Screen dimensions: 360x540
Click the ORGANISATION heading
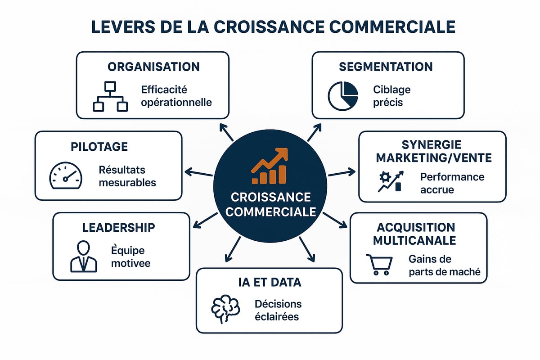153,67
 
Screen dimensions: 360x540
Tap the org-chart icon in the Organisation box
110,96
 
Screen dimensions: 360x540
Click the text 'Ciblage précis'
391,96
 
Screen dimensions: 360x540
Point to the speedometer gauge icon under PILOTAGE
65,176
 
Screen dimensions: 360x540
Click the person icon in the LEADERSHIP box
84,257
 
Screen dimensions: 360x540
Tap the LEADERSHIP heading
118,227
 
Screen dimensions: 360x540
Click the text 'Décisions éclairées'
278,310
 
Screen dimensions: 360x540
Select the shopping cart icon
379,265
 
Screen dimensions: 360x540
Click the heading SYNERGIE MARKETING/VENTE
434,152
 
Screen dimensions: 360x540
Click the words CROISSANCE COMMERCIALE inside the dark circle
270,205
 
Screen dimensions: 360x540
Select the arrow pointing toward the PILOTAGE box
198,173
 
